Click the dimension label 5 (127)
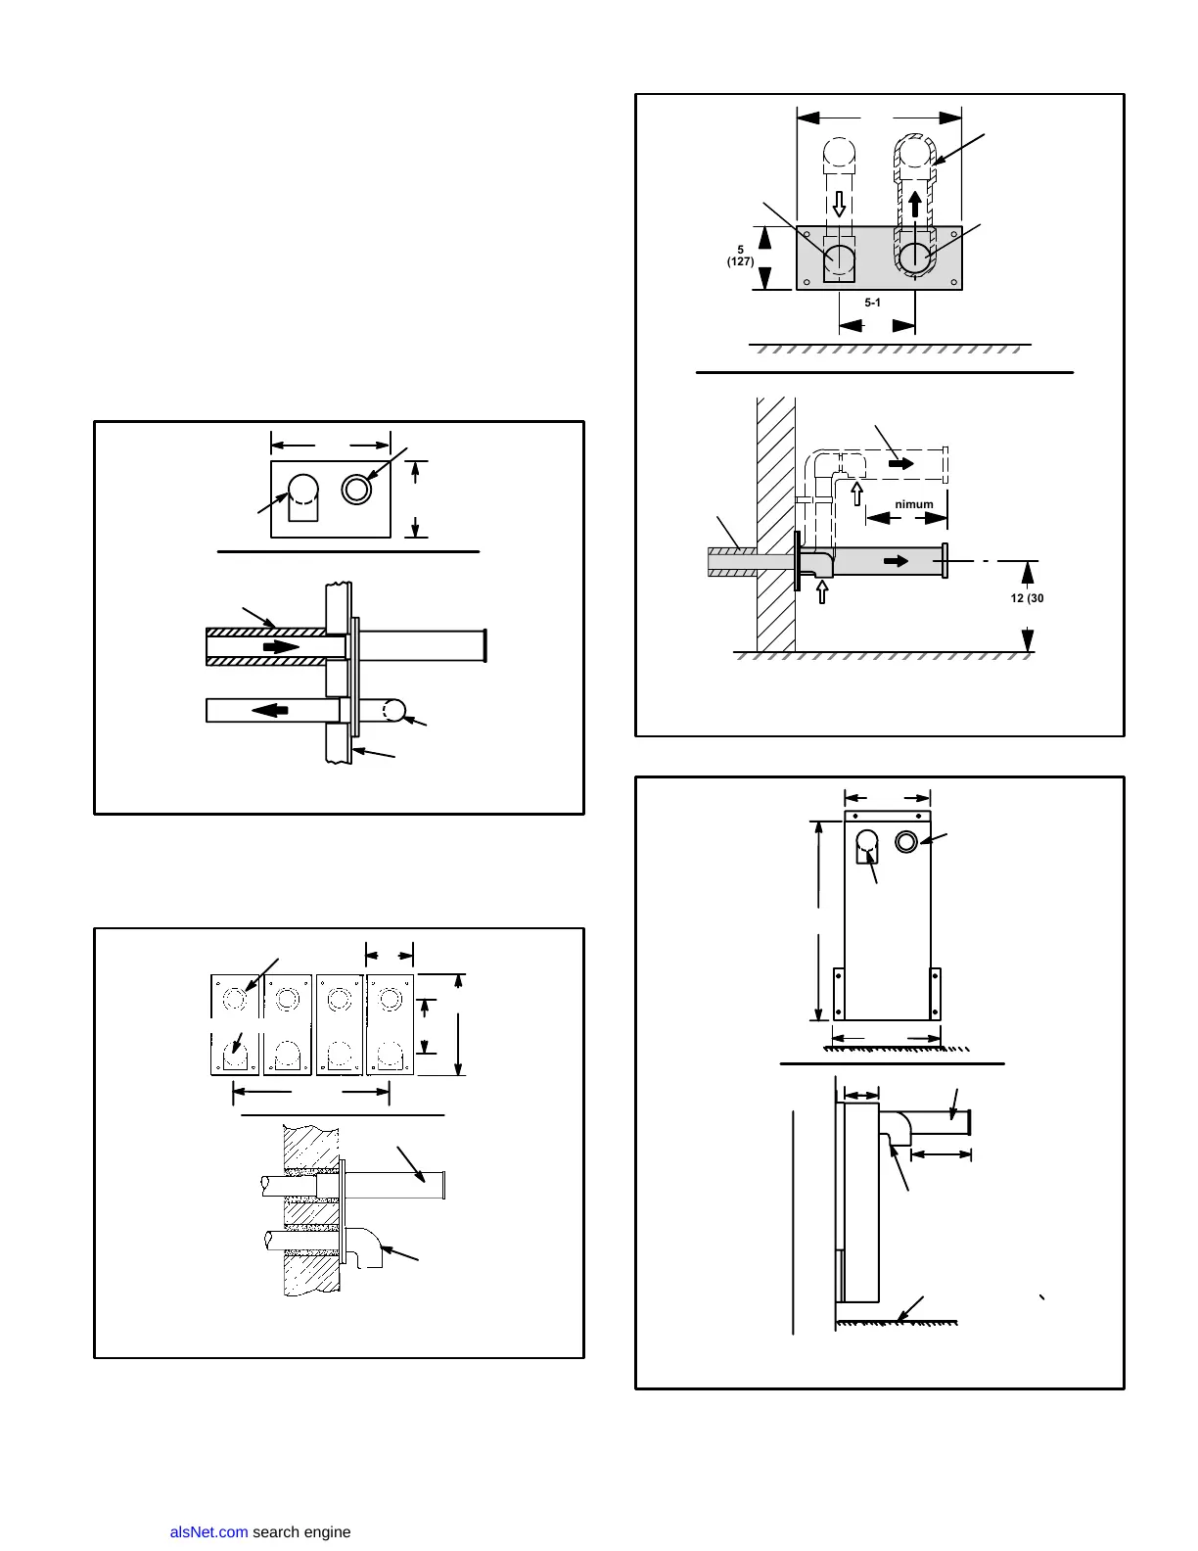point(740,256)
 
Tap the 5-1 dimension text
point(873,303)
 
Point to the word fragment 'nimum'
point(914,504)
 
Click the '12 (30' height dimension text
point(1027,598)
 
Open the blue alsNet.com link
point(208,1532)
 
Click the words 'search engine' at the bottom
point(301,1532)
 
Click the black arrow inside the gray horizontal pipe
point(896,561)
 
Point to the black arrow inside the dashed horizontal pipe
point(901,462)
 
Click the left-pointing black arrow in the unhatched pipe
point(270,709)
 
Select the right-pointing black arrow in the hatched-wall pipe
point(281,647)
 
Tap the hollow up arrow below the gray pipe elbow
point(822,592)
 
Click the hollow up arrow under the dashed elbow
point(857,493)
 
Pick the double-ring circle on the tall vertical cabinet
point(906,840)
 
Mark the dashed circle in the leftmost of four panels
point(234,1000)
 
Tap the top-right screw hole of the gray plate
point(953,234)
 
